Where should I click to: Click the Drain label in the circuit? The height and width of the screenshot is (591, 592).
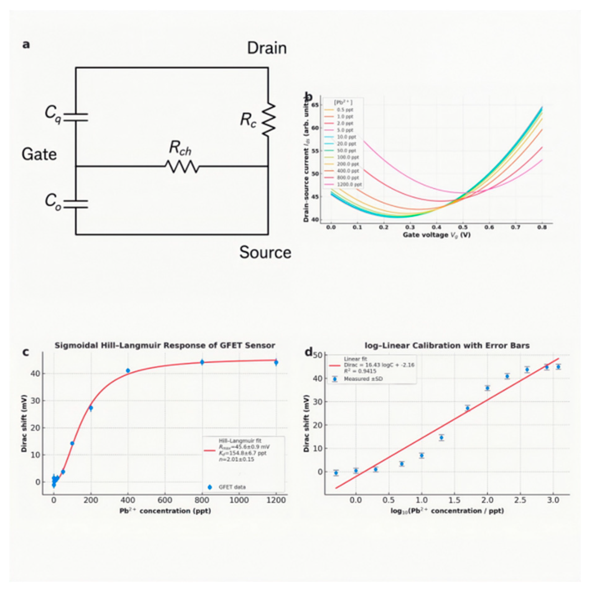267,49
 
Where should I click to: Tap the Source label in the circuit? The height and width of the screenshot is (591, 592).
265,252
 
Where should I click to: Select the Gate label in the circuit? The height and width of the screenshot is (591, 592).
39,154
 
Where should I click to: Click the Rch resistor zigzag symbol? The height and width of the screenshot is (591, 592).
182,167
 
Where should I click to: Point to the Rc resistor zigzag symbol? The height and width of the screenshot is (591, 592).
268,120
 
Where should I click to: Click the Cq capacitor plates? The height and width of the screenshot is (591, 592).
76,117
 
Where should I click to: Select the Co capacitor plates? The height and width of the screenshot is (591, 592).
76,204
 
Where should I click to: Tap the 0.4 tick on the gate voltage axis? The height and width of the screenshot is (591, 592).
436,227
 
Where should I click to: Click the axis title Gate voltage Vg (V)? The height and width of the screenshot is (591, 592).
436,235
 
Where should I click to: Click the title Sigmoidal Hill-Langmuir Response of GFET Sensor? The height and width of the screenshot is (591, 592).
165,345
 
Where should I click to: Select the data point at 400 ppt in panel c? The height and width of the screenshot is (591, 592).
128,371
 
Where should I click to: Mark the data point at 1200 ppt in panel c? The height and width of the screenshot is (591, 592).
276,363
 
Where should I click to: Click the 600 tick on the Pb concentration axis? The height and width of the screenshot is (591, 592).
165,500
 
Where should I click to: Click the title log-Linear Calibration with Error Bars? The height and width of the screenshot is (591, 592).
447,345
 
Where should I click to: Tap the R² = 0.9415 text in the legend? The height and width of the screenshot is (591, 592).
360,371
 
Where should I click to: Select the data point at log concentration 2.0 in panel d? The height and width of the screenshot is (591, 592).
487,388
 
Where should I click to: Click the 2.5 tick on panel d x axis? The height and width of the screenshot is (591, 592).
520,500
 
